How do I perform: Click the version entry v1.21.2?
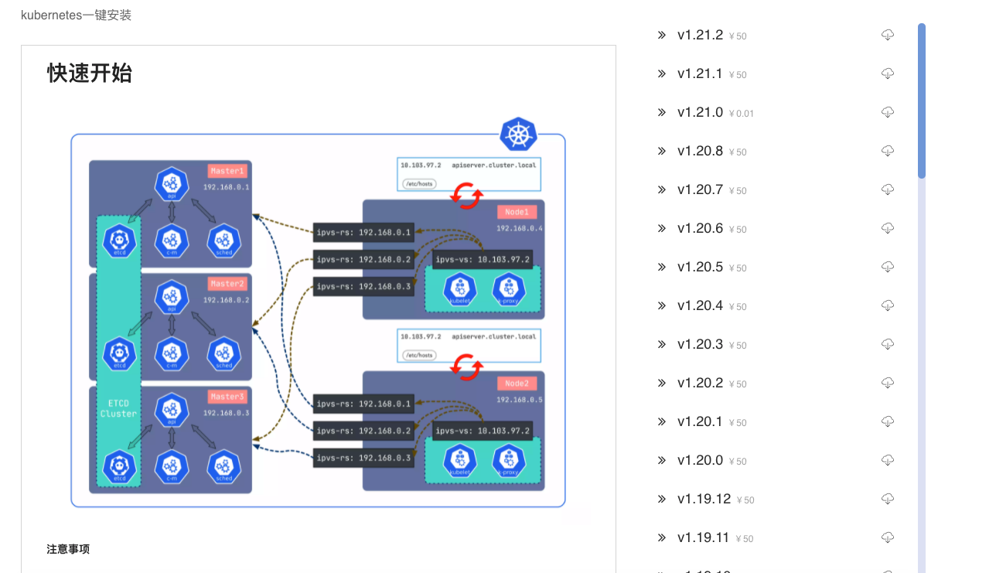[x=700, y=35]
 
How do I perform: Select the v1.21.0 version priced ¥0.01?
[x=700, y=112]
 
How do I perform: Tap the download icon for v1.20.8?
[x=888, y=151]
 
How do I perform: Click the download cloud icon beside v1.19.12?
[x=888, y=499]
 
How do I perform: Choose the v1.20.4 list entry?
[x=700, y=305]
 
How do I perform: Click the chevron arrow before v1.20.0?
[x=662, y=460]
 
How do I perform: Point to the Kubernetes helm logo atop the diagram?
[x=518, y=135]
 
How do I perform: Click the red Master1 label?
[x=227, y=171]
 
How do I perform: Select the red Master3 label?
[x=227, y=397]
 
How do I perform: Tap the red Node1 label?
[x=517, y=212]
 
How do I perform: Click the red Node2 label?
[x=517, y=384]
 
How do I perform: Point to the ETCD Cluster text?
[x=118, y=408]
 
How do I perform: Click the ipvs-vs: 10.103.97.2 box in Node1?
[x=483, y=259]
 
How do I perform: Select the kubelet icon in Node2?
[x=459, y=461]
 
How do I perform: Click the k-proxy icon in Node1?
[x=508, y=290]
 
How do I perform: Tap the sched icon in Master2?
[x=224, y=353]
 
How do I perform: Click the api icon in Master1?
[x=172, y=184]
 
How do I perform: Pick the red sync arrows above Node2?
[x=467, y=367]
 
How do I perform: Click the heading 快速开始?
[x=90, y=73]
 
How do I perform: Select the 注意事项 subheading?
[x=68, y=549]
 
